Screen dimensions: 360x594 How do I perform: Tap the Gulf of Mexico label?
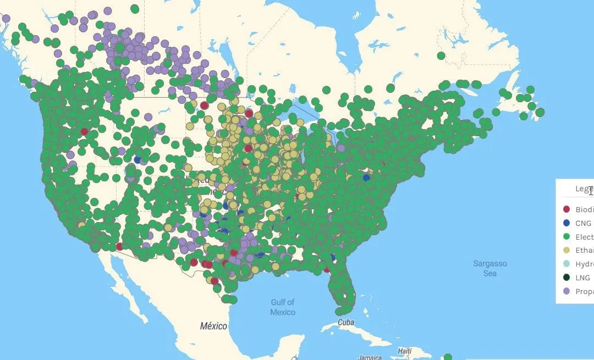point(282,307)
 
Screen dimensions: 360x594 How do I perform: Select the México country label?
point(213,326)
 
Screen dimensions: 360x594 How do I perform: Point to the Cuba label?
point(346,322)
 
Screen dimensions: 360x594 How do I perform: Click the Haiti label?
point(405,351)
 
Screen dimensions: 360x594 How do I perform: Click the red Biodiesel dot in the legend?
point(567,209)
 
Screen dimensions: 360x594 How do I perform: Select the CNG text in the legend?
point(584,223)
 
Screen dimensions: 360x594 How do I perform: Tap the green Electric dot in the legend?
point(567,237)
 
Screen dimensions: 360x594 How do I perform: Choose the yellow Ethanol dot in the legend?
point(567,251)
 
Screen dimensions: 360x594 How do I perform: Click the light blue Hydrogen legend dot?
point(567,264)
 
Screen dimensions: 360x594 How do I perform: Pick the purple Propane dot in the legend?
point(567,292)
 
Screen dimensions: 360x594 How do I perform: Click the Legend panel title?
point(582,189)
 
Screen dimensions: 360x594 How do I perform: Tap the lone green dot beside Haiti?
point(448,357)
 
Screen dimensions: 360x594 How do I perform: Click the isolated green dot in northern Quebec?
point(441,56)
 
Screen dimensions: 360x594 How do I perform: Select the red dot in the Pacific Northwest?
point(84,131)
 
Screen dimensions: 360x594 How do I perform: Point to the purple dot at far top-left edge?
point(6,18)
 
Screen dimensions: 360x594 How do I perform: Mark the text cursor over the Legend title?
point(591,190)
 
